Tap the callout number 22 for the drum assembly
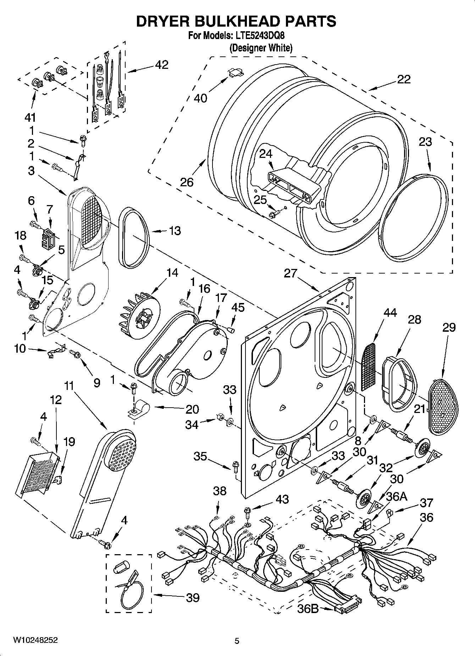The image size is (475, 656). [403, 79]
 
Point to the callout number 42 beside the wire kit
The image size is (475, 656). [161, 65]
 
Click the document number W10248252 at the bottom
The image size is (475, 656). [35, 640]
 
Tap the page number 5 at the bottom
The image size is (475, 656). [237, 641]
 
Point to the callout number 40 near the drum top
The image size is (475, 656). [200, 98]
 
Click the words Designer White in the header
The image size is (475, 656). [261, 48]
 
